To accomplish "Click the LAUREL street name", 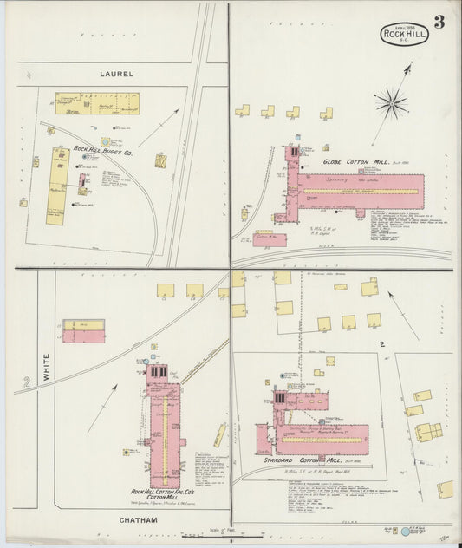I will pos(116,75).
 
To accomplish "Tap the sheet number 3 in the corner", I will pos(439,23).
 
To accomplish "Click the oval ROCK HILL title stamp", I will pos(404,34).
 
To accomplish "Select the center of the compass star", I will pos(391,103).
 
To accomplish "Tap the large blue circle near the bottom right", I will pos(404,531).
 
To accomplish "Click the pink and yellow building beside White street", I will pos(83,330).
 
